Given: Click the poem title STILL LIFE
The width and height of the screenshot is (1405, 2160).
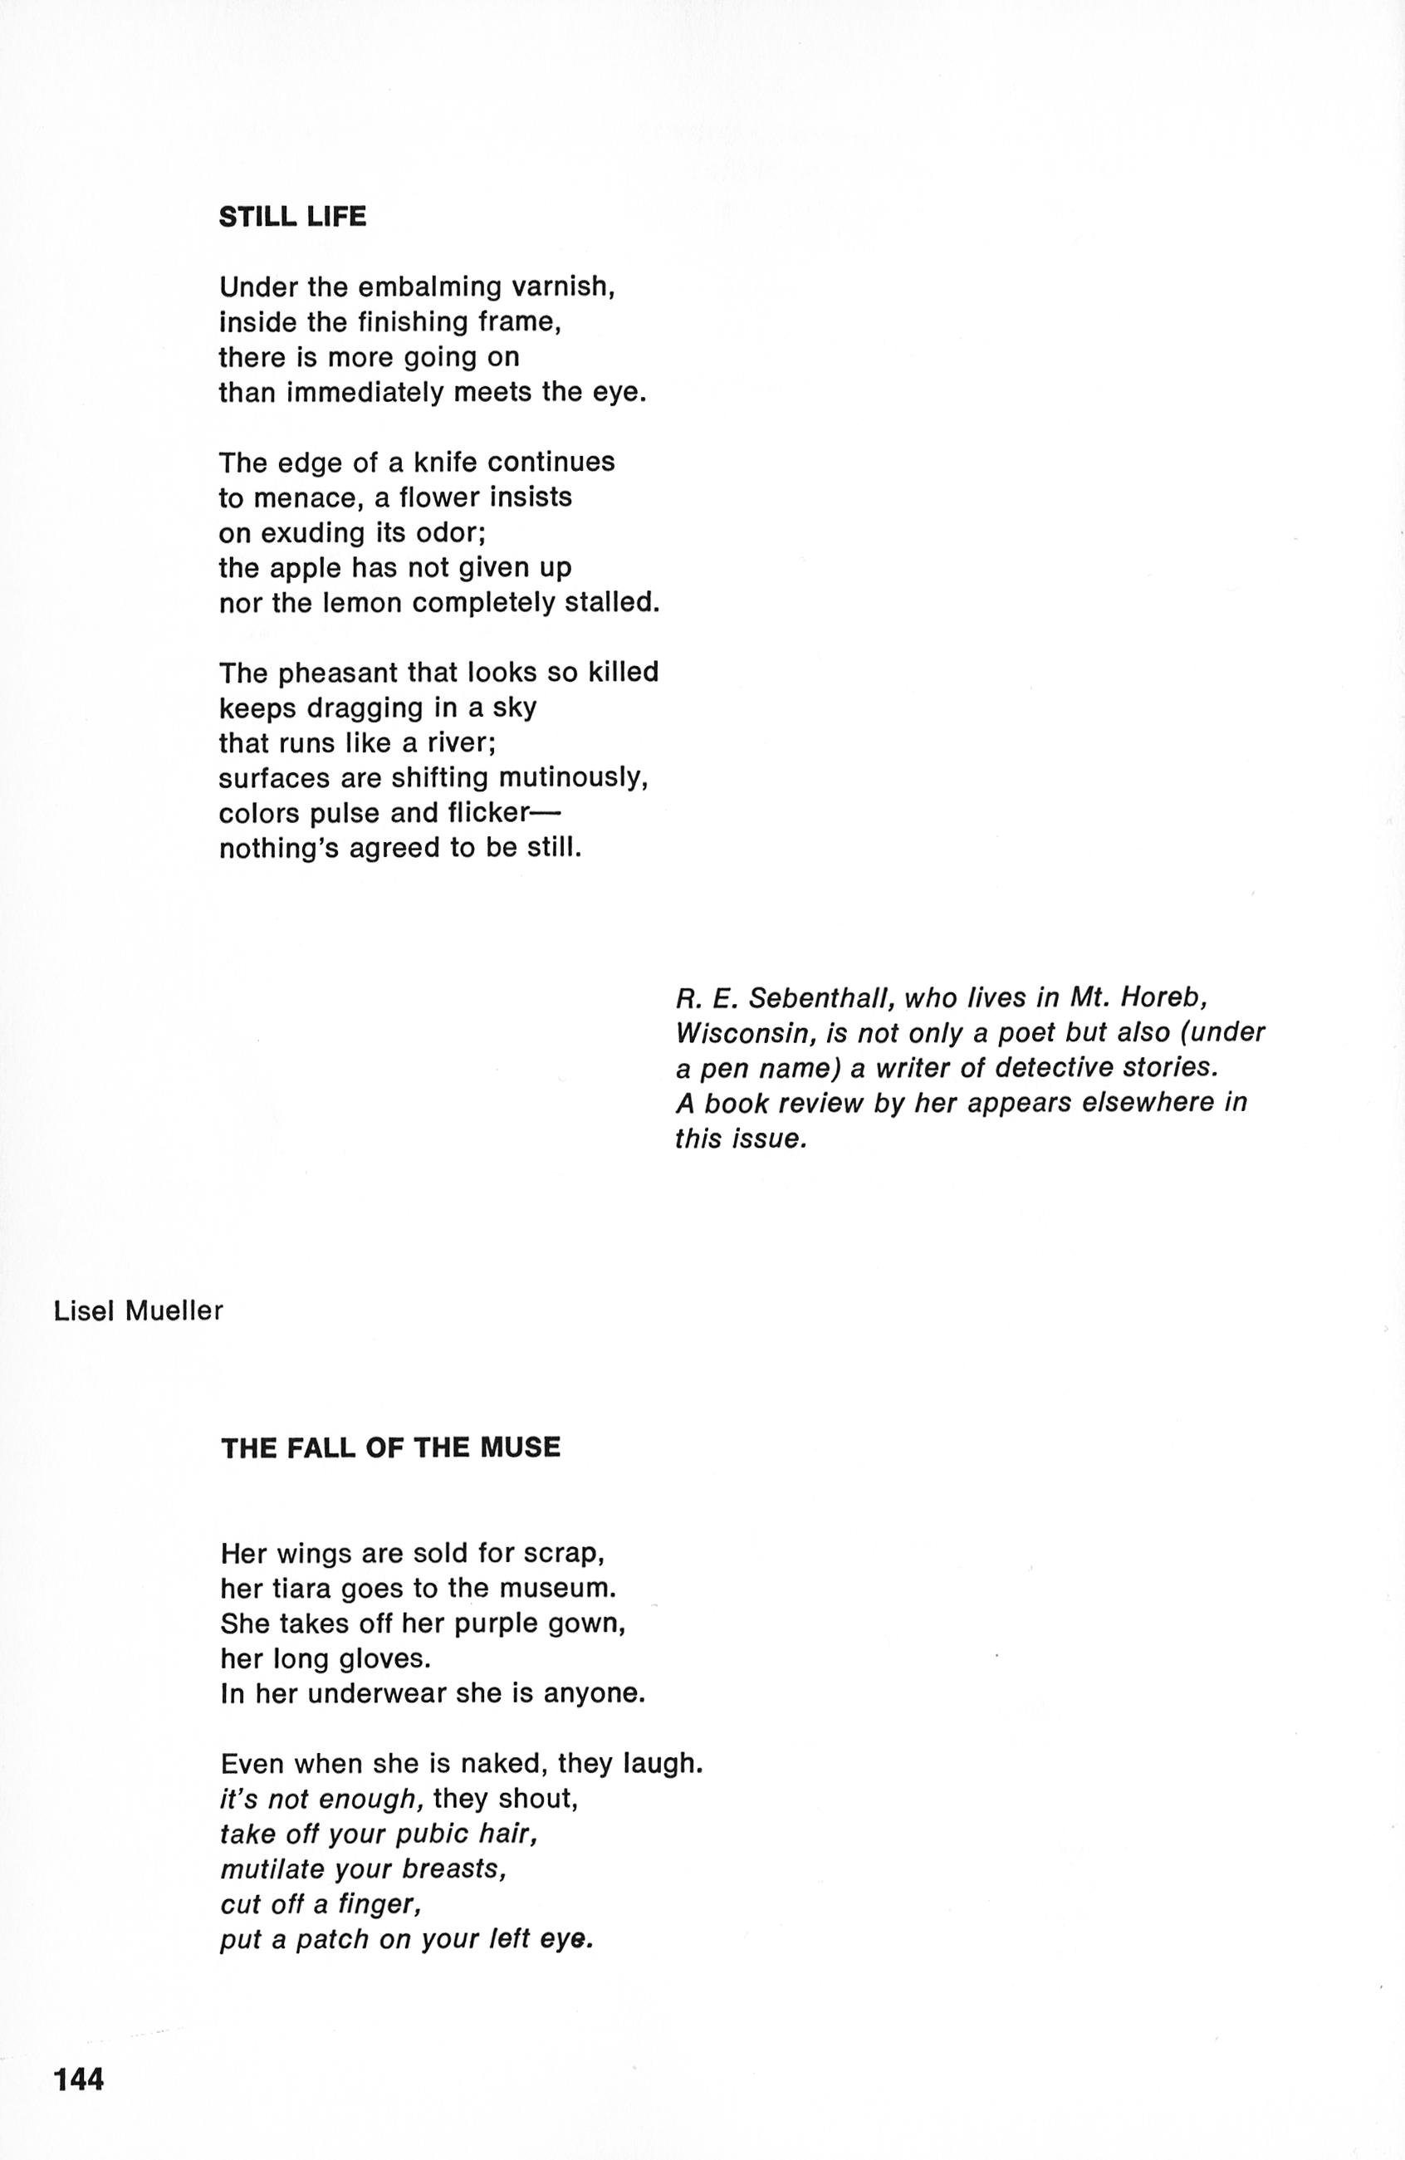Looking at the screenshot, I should [x=292, y=218].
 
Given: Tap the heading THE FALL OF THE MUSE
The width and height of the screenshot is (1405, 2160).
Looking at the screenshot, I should [x=390, y=1447].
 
